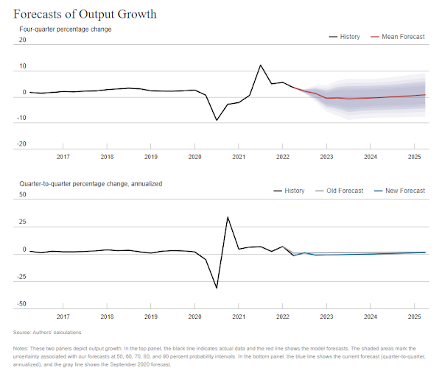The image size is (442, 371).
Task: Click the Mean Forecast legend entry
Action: pos(403,37)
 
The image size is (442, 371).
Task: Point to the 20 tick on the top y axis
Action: pos(22,40)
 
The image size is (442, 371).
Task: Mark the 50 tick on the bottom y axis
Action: pos(22,195)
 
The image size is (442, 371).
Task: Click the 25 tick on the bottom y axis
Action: pos(22,222)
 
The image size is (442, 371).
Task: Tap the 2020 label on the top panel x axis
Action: pos(194,157)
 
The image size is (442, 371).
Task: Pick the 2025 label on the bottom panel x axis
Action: pos(414,317)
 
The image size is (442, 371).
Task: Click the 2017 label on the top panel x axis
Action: pos(63,157)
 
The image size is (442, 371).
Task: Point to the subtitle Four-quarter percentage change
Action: pos(65,29)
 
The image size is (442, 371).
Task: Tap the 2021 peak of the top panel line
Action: pos(261,66)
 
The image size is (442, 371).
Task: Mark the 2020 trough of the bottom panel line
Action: pos(217,287)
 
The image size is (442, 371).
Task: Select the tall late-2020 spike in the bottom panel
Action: pos(228,218)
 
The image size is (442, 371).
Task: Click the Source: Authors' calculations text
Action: pos(48,333)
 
